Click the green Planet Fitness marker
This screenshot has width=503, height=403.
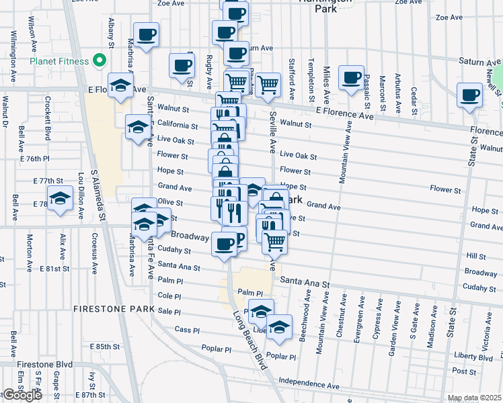pos(100,61)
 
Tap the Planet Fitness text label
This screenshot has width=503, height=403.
pos(59,62)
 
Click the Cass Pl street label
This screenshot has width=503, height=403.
pos(187,330)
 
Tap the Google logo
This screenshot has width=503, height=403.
pos(22,395)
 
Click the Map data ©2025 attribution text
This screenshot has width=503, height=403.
pos(474,398)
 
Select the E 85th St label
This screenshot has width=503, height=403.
pos(108,347)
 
